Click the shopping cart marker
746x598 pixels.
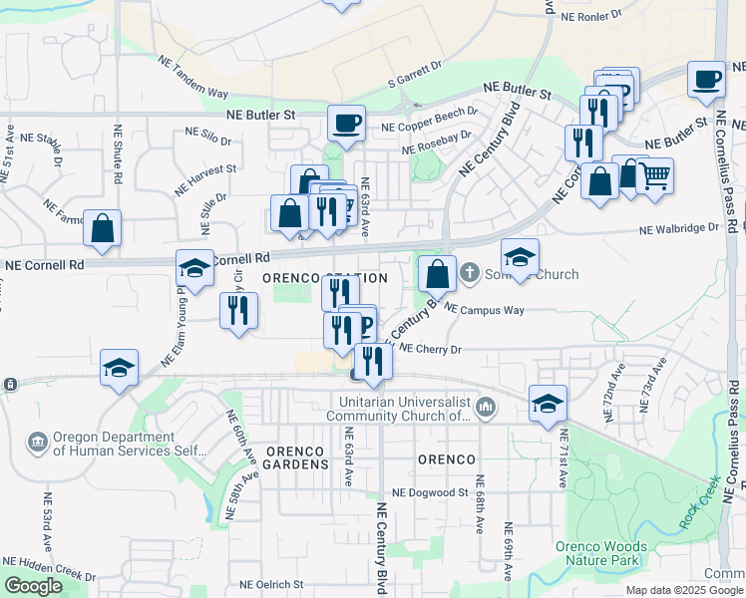[x=654, y=176]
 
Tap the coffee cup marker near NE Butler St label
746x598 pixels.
[x=346, y=124]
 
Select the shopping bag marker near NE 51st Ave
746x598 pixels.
[x=103, y=228]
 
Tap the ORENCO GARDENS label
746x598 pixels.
[x=296, y=458]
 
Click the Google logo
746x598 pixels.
[x=33, y=586]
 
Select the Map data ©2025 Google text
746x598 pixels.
[x=683, y=590]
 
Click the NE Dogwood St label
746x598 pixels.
[x=430, y=492]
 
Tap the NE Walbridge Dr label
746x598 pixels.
[x=679, y=228]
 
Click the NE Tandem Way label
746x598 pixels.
[x=193, y=76]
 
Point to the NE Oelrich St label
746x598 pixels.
[x=271, y=584]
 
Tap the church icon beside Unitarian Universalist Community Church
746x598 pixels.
[x=485, y=406]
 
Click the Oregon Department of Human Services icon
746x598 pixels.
[x=37, y=441]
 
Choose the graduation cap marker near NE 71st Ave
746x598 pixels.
[x=548, y=403]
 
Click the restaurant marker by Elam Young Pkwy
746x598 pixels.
[x=238, y=310]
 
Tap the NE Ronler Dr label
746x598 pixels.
[x=592, y=17]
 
